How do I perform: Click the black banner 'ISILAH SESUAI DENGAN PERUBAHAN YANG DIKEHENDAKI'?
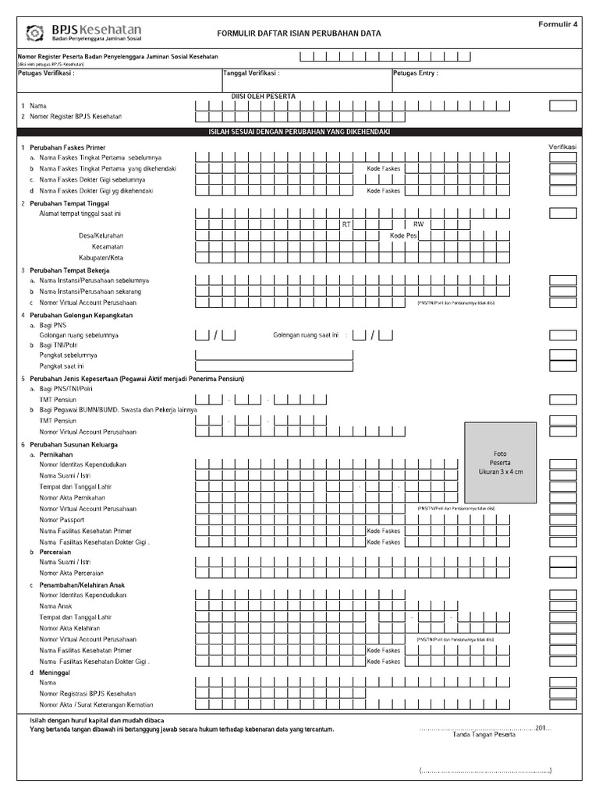click(299, 132)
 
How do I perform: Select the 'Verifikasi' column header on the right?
click(562, 147)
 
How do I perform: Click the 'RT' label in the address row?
click(346, 224)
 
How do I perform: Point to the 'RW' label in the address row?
click(417, 224)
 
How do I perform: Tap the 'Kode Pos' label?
click(403, 235)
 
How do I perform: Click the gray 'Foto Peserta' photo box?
click(501, 462)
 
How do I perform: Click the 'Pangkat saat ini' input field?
click(274, 365)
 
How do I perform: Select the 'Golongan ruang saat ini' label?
click(306, 335)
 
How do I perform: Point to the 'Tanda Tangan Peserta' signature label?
click(484, 734)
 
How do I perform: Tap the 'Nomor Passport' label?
click(62, 520)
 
